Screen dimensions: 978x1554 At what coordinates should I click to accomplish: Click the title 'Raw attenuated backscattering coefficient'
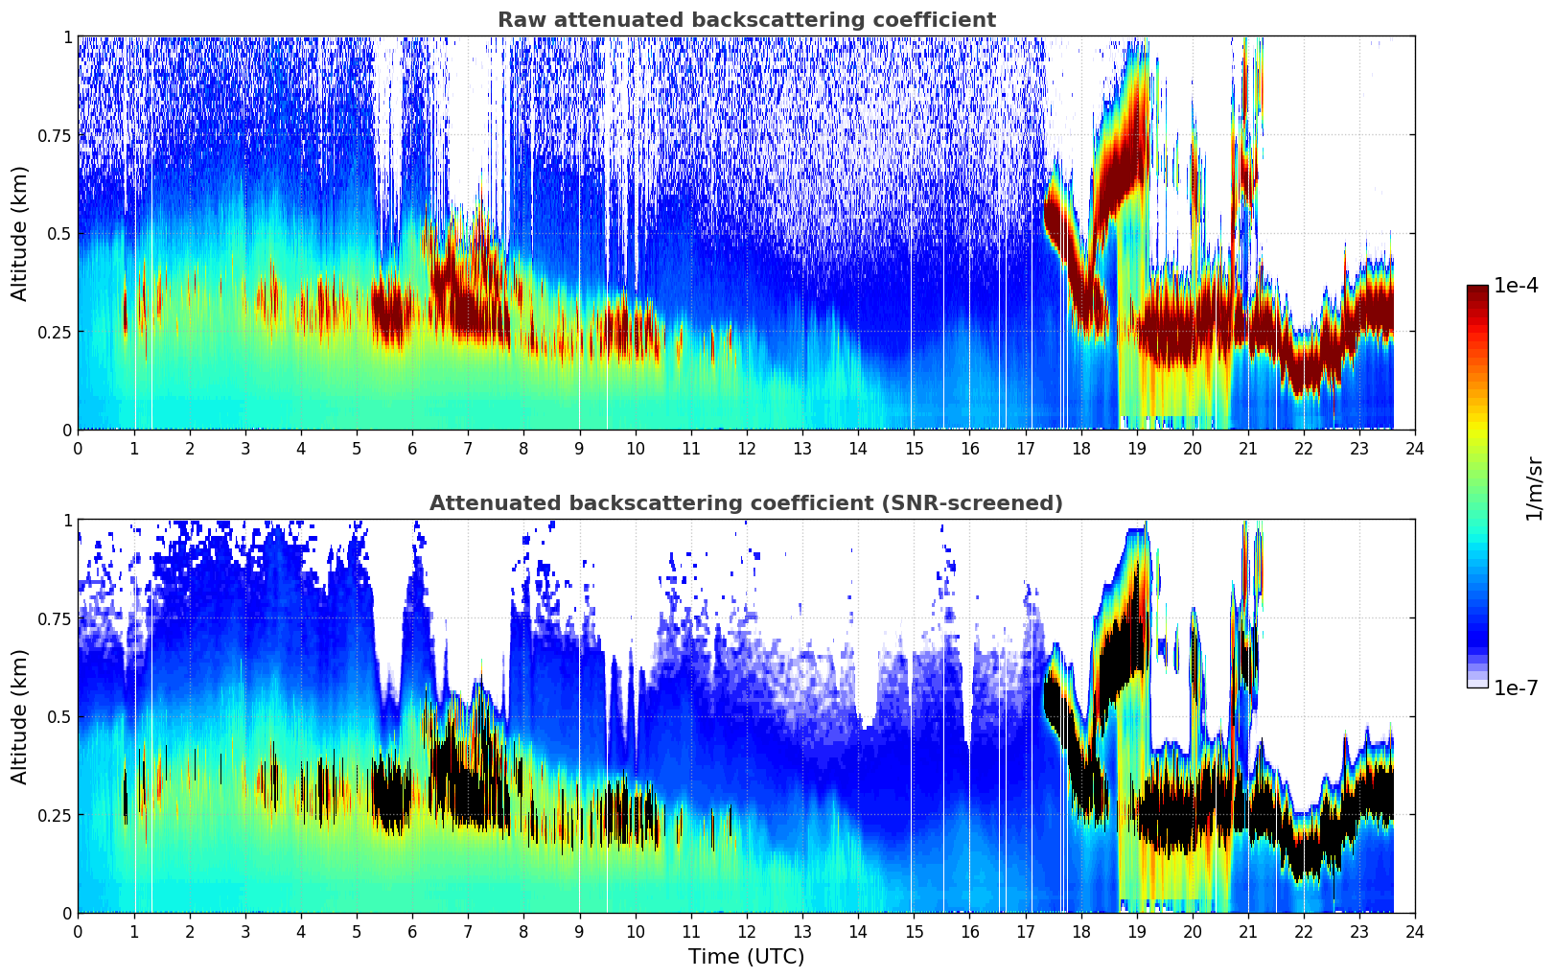746,20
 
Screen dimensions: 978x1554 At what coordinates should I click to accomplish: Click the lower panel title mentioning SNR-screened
746,503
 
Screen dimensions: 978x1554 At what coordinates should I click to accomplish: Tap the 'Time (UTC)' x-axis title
746,956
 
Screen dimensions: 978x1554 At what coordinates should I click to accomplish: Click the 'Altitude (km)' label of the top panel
20,233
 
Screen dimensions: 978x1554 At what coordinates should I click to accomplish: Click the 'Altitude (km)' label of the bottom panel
20,716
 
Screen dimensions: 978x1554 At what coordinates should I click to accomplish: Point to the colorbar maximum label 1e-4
1518,286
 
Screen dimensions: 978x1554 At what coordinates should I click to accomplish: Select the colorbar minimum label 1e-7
1518,688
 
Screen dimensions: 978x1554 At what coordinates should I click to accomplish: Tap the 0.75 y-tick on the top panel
55,135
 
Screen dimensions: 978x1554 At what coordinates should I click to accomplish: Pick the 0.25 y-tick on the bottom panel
55,815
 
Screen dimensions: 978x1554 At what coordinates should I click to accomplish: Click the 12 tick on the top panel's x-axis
746,448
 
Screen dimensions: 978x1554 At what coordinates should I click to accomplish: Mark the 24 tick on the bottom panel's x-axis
1415,931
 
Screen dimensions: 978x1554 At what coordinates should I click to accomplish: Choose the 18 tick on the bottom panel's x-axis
1080,931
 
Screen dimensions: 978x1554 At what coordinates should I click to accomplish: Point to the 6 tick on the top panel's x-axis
412,448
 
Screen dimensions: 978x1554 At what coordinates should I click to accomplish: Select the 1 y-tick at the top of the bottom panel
67,521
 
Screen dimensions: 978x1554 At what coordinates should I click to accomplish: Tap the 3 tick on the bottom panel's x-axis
244,931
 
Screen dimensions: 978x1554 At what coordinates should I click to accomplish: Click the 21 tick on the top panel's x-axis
1247,448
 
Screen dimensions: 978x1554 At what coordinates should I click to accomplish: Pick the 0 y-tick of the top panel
67,430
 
